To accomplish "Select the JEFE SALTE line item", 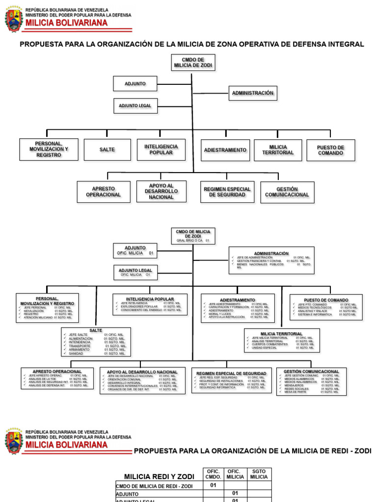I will coord(79,334).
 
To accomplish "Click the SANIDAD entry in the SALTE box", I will coord(76,353).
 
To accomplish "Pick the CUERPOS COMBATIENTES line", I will coord(269,344).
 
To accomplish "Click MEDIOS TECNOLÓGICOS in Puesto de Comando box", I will coord(314,307).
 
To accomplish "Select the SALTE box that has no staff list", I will coord(107,150).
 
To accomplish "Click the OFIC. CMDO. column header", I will coord(213,474).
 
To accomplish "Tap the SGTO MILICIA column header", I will coord(259,474).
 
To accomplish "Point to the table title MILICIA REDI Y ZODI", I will coord(159,477).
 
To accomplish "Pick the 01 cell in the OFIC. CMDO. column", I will coord(213,485).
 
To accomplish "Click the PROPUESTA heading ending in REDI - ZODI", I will coord(252,451).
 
